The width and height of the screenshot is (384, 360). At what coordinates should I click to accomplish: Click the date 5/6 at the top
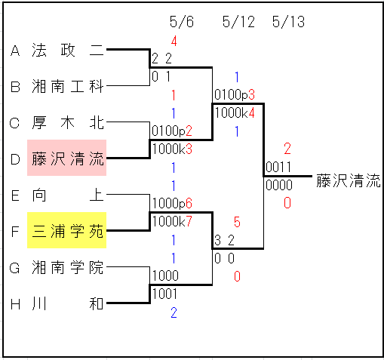tap(182, 22)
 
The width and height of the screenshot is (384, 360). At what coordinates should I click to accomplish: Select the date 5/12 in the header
tap(238, 22)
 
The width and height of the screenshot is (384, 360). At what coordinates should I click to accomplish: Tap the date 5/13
tap(288, 22)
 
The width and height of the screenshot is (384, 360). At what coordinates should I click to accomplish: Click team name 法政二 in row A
tap(68, 50)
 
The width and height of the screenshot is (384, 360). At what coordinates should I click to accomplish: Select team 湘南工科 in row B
tap(68, 86)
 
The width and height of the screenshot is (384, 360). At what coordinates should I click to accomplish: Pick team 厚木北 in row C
tap(68, 123)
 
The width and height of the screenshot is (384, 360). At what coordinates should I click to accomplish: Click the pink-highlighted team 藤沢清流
tap(67, 158)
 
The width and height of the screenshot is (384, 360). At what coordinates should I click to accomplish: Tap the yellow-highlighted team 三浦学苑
tap(67, 230)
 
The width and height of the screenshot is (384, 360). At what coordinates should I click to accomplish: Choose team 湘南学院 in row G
tap(68, 267)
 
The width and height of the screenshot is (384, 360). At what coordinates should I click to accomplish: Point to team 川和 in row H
tap(68, 303)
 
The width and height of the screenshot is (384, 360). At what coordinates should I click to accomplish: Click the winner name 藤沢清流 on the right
tap(349, 180)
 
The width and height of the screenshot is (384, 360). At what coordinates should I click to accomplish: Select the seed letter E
tap(15, 195)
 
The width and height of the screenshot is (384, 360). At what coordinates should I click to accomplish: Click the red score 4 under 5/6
tap(174, 41)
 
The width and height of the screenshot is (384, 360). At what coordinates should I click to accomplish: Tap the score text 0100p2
tap(172, 131)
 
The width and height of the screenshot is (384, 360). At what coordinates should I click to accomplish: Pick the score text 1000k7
tap(172, 221)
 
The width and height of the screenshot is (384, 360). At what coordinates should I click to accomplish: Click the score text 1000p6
tap(172, 203)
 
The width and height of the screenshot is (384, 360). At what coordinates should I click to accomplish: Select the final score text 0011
tap(278, 167)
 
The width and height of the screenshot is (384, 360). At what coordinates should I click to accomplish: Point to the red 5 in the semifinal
tap(237, 222)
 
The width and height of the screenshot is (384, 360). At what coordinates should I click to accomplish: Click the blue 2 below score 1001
tap(174, 312)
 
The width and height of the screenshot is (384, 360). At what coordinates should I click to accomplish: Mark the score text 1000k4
tap(235, 112)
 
